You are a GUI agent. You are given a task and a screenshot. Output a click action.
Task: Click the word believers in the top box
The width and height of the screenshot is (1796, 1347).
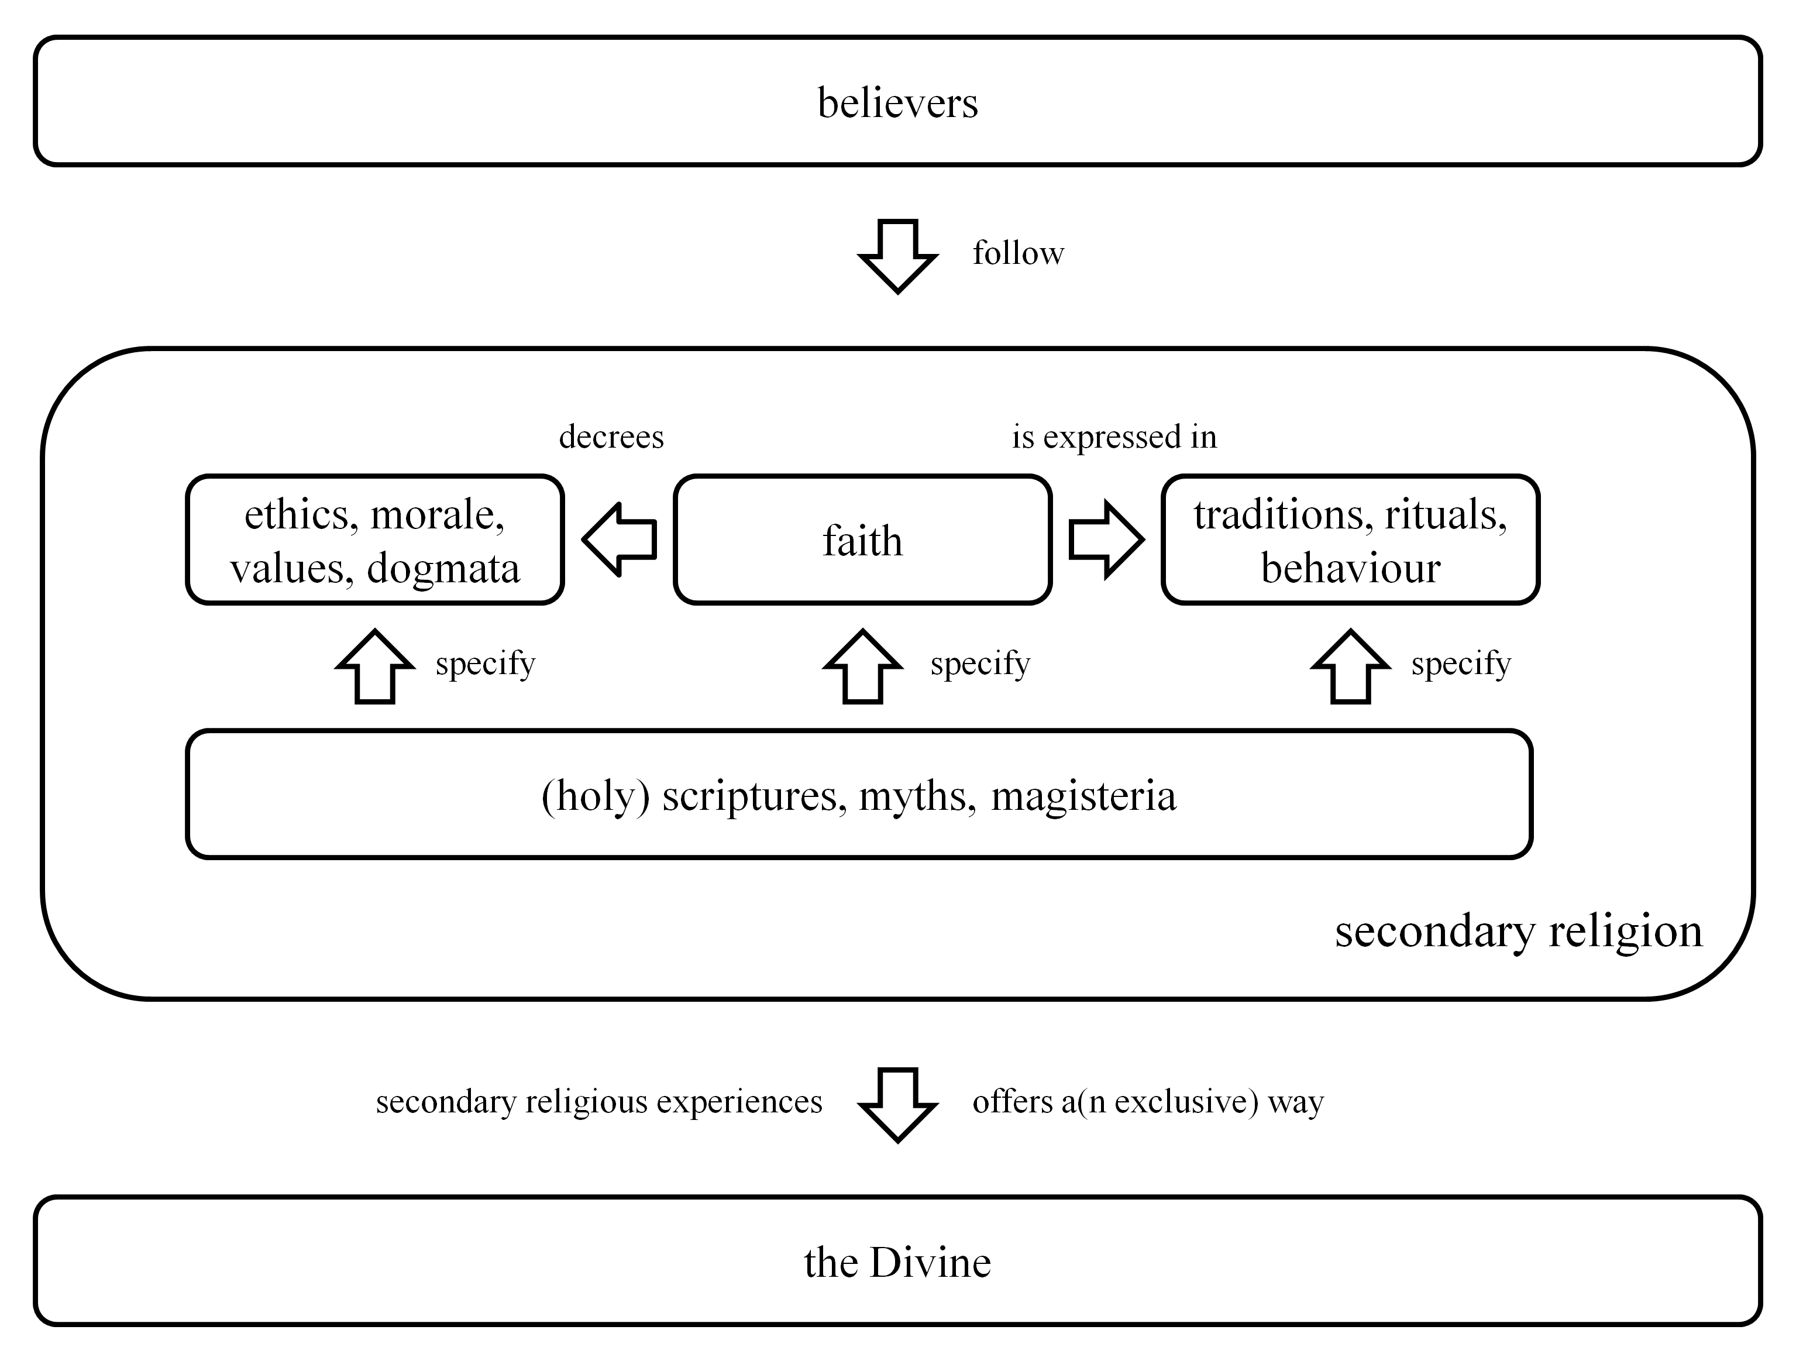[x=897, y=103]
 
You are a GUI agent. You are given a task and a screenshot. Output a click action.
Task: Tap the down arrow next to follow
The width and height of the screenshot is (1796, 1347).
[x=898, y=255]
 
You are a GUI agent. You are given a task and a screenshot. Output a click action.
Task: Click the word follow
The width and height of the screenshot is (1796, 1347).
[x=1018, y=253]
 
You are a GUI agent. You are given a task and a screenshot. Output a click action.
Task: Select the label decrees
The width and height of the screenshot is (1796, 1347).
[x=611, y=437]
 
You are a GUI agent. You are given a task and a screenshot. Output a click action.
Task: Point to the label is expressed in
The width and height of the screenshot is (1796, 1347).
[x=1114, y=437]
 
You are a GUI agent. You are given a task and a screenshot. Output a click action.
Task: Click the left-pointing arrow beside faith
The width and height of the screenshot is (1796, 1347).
[x=620, y=539]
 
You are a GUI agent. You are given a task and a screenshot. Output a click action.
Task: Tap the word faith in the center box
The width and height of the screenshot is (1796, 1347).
[x=862, y=541]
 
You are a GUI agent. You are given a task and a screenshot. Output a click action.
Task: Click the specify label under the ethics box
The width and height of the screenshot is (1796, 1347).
[x=486, y=664]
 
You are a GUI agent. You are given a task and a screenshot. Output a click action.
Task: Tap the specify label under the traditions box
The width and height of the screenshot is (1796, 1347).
[x=1461, y=664]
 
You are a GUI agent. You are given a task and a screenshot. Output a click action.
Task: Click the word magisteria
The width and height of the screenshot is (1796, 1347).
[x=1083, y=796]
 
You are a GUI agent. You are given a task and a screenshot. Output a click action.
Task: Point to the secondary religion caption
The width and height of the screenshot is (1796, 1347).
[x=1518, y=930]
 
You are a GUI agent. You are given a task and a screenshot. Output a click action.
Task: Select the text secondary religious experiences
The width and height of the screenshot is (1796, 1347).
[x=599, y=1102]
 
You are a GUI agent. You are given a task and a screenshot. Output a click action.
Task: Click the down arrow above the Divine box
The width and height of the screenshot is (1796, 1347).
[x=898, y=1104]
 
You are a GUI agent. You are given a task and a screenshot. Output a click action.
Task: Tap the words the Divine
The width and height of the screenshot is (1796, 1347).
[x=897, y=1263]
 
